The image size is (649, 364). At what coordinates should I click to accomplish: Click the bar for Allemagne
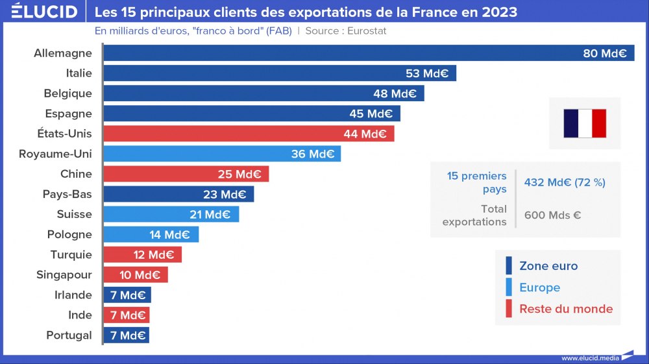tap(369, 53)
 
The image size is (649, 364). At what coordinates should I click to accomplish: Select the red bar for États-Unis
tap(249, 134)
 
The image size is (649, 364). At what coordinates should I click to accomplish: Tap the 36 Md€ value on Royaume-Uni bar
tap(313, 154)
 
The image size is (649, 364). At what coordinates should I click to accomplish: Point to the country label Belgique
tap(68, 93)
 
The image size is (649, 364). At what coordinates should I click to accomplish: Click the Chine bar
tap(186, 174)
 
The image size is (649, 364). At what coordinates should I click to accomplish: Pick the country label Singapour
tap(64, 275)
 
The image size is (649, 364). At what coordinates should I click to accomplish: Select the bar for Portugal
tap(127, 335)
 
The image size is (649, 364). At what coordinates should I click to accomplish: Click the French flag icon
tap(584, 123)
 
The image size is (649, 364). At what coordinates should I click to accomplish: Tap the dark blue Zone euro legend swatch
tap(509, 266)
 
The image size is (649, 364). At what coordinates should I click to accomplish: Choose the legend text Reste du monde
tap(566, 309)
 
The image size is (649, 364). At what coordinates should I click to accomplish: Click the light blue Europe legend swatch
tap(509, 287)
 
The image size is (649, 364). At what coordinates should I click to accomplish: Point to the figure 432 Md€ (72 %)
tap(565, 182)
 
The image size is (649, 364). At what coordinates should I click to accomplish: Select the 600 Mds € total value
tap(552, 215)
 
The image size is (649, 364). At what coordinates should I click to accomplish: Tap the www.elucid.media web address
tap(590, 358)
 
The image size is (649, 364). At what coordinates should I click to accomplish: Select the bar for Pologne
tap(151, 234)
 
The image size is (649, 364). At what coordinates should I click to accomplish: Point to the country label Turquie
tap(71, 255)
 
